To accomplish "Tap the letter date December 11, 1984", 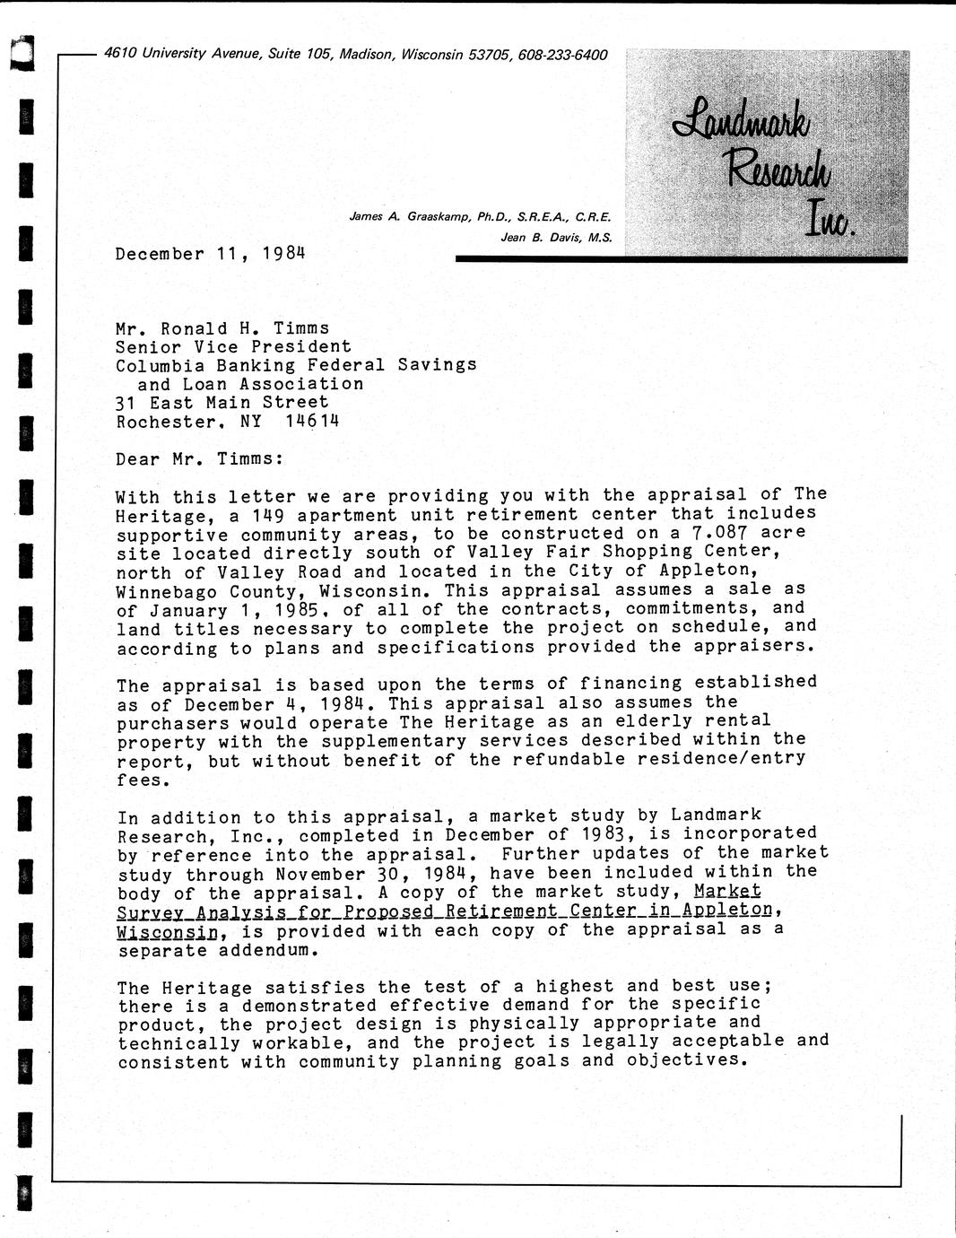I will click(x=210, y=253).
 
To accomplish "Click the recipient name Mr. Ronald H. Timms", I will click(x=222, y=328).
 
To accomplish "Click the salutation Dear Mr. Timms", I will click(x=199, y=458).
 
